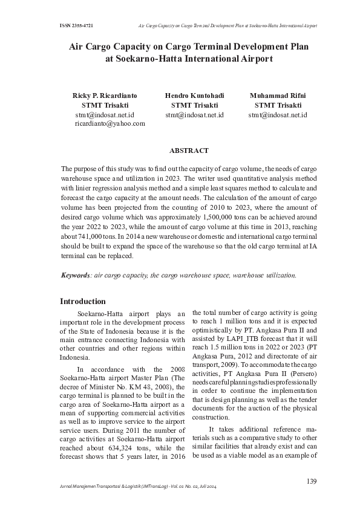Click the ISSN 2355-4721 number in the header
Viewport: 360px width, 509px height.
pyautogui.click(x=76, y=26)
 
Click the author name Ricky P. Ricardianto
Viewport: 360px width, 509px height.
pyautogui.click(x=105, y=96)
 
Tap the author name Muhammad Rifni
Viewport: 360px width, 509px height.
pyautogui.click(x=278, y=96)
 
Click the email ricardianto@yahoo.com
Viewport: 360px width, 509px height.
pyautogui.click(x=110, y=123)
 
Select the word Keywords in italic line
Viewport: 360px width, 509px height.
pyautogui.click(x=75, y=275)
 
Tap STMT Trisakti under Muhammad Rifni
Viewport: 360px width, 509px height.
pyautogui.click(x=278, y=105)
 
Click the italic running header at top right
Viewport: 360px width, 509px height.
pyautogui.click(x=227, y=26)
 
